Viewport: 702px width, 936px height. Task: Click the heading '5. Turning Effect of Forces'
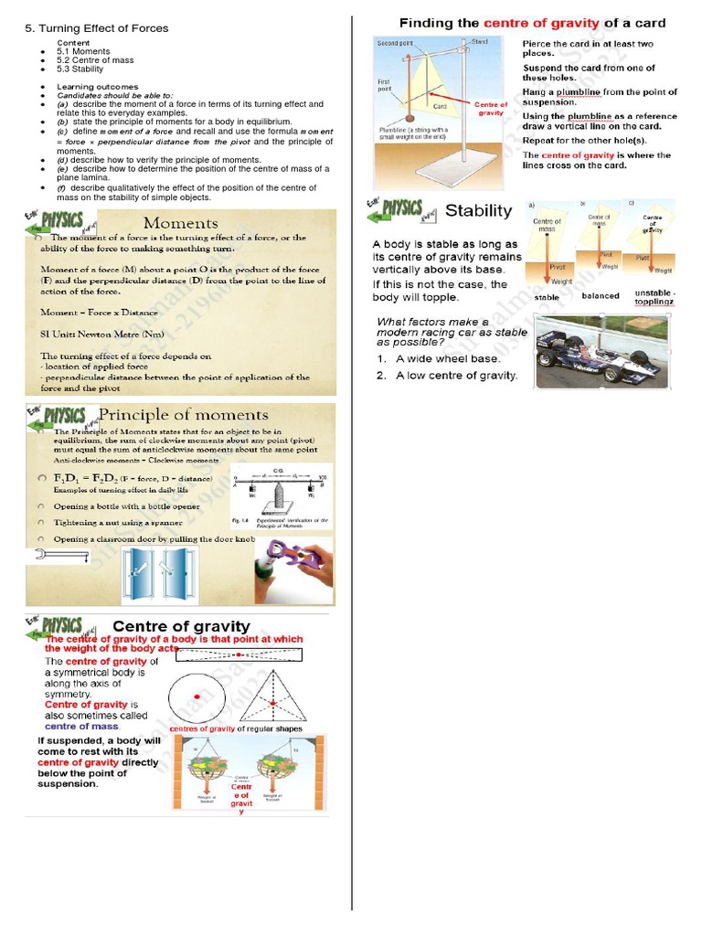(x=96, y=28)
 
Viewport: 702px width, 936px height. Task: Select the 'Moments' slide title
(x=180, y=223)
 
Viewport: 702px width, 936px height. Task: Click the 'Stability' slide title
(x=478, y=211)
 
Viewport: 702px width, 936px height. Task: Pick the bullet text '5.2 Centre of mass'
(x=90, y=60)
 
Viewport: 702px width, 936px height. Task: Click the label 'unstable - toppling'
(x=654, y=296)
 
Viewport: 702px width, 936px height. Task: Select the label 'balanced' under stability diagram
(x=600, y=296)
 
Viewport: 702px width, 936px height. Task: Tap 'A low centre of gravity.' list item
(x=456, y=376)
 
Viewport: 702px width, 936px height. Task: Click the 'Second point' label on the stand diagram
(x=395, y=43)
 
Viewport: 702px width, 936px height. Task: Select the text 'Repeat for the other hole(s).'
(x=584, y=141)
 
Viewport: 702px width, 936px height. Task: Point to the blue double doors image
(x=152, y=574)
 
